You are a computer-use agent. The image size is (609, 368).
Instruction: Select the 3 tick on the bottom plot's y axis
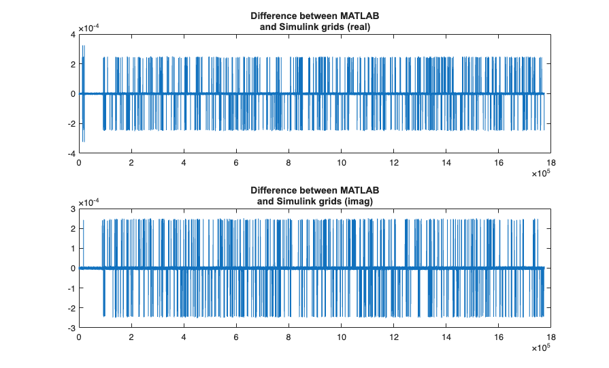pyautogui.click(x=72, y=209)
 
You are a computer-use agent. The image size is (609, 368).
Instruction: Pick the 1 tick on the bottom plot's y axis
pyautogui.click(x=72, y=248)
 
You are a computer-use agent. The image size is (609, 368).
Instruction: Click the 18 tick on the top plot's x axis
pyautogui.click(x=551, y=163)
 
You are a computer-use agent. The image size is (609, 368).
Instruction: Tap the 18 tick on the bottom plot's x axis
pyautogui.click(x=551, y=337)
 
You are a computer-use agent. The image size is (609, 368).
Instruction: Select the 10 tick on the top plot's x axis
pyautogui.click(x=341, y=163)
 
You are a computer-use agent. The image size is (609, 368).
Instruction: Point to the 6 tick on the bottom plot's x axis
pyautogui.click(x=236, y=337)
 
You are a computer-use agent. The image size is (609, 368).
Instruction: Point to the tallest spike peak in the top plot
pyautogui.click(x=83, y=46)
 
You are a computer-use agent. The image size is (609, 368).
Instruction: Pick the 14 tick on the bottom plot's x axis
pyautogui.click(x=446, y=337)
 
